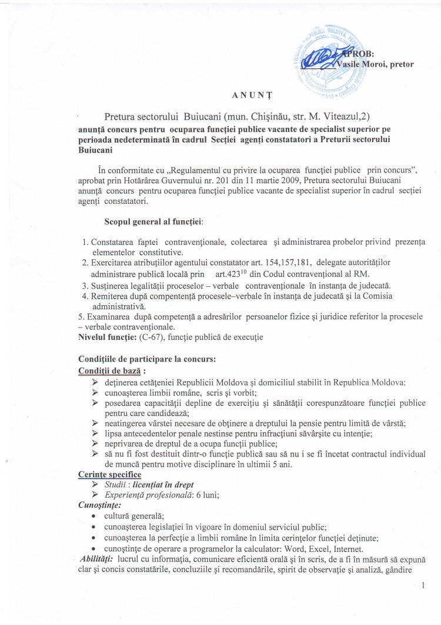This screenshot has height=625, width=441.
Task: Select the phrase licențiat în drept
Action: (161, 484)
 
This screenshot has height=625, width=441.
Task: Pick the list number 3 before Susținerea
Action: (85, 285)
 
